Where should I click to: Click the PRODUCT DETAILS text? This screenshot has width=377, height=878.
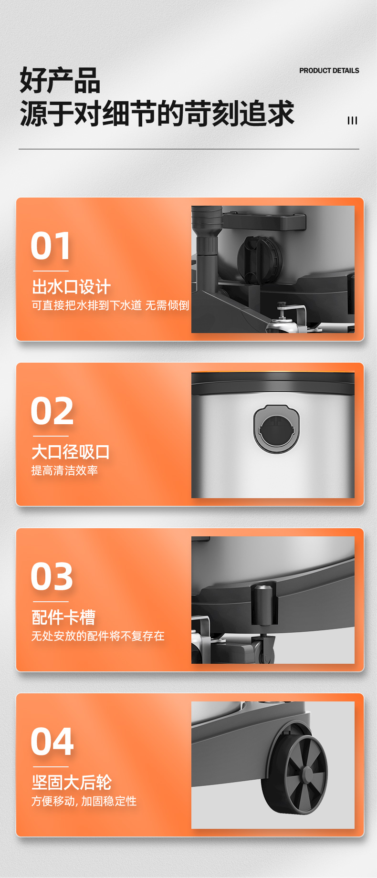point(329,71)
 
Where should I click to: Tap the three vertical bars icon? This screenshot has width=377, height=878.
point(352,121)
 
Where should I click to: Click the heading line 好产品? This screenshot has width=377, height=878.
point(60,80)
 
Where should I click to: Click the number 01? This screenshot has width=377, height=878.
point(51,246)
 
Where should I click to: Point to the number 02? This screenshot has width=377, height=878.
point(52,411)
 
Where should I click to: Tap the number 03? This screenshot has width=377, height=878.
point(52,576)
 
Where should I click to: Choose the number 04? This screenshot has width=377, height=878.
point(52,742)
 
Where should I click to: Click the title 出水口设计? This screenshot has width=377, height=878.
point(71,287)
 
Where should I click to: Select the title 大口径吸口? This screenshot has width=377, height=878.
point(71,452)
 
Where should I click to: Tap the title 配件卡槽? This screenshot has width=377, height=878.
point(63,617)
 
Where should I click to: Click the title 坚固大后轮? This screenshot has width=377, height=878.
point(72,783)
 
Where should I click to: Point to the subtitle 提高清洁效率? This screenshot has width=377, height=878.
point(64,470)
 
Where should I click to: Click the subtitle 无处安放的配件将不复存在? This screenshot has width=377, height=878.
point(98,636)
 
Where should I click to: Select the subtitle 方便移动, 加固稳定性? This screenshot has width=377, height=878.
point(84,801)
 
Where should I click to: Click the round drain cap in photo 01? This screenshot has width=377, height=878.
point(260,260)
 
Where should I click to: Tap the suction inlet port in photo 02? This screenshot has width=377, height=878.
point(276,429)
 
